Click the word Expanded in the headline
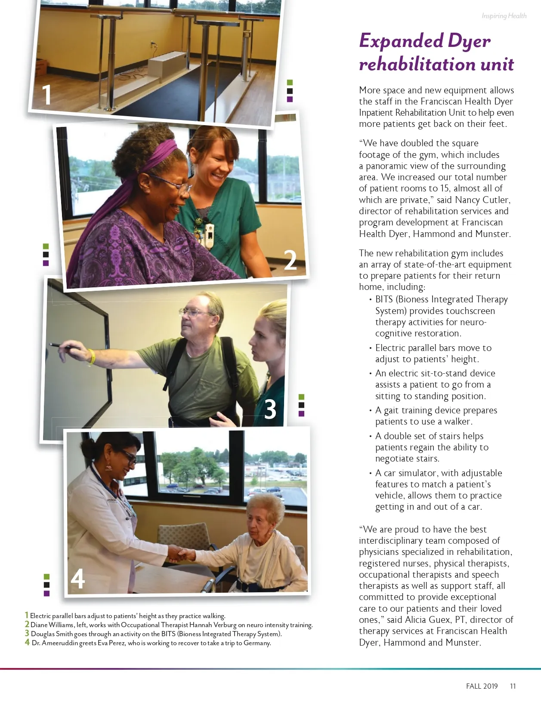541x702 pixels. pyautogui.click(x=401, y=41)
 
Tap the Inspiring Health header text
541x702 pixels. pyautogui.click(x=504, y=16)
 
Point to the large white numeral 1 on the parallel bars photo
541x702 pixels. pyautogui.click(x=46, y=94)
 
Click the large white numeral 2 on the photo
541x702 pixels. pyautogui.click(x=290, y=260)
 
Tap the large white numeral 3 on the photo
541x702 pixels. pyautogui.click(x=270, y=409)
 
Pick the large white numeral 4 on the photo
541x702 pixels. pyautogui.click(x=77, y=578)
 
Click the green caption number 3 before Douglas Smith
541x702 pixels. pyautogui.click(x=27, y=633)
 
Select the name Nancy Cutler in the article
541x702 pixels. pyautogui.click(x=482, y=200)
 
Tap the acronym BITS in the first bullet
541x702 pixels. pyautogui.click(x=384, y=299)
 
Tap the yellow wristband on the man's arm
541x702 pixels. pyautogui.click(x=92, y=356)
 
